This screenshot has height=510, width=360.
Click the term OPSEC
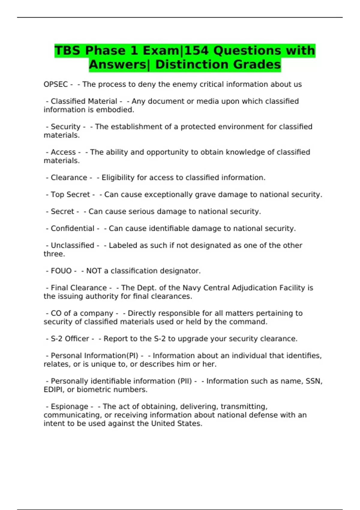(x=56, y=84)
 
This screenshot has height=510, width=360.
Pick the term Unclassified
(x=72, y=245)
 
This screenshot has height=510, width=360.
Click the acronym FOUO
(x=61, y=271)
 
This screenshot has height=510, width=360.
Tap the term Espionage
(x=69, y=406)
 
